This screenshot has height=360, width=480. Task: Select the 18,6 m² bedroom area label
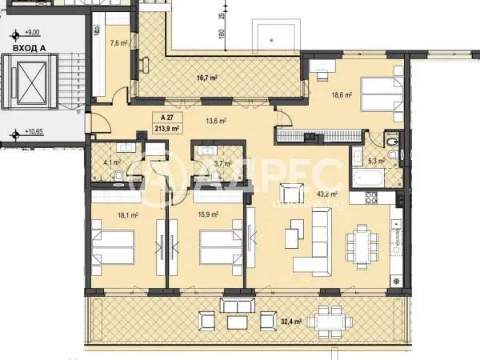[344, 94]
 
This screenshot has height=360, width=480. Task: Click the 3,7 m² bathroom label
[223, 164]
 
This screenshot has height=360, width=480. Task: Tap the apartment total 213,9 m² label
[167, 127]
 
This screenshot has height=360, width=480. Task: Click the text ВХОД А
[28, 48]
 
